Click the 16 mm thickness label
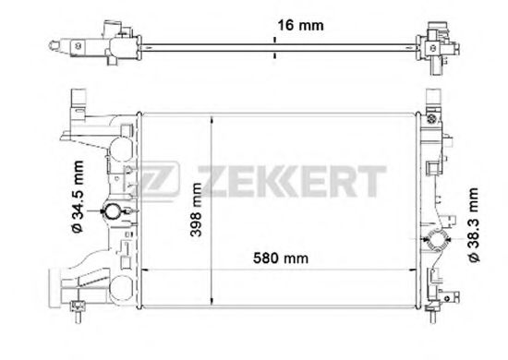point(300,25)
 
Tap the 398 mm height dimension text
point(196,210)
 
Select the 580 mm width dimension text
point(281,258)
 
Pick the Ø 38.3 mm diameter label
point(472,225)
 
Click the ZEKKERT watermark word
point(292,181)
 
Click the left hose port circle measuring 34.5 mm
point(113,211)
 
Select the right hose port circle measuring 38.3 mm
point(436,240)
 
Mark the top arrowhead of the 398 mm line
point(212,119)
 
